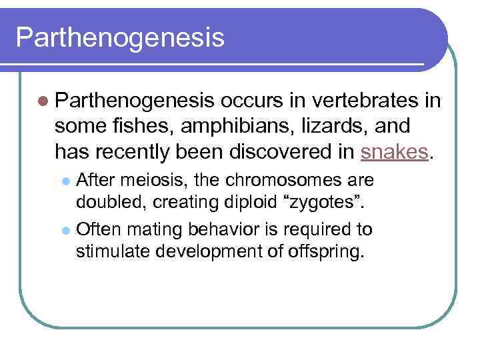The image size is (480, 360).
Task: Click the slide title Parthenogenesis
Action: click(120, 37)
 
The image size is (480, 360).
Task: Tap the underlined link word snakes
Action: click(393, 151)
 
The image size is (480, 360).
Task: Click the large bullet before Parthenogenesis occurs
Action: click(43, 101)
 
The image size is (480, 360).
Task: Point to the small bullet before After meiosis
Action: click(65, 181)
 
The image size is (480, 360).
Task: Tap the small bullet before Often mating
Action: click(65, 231)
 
